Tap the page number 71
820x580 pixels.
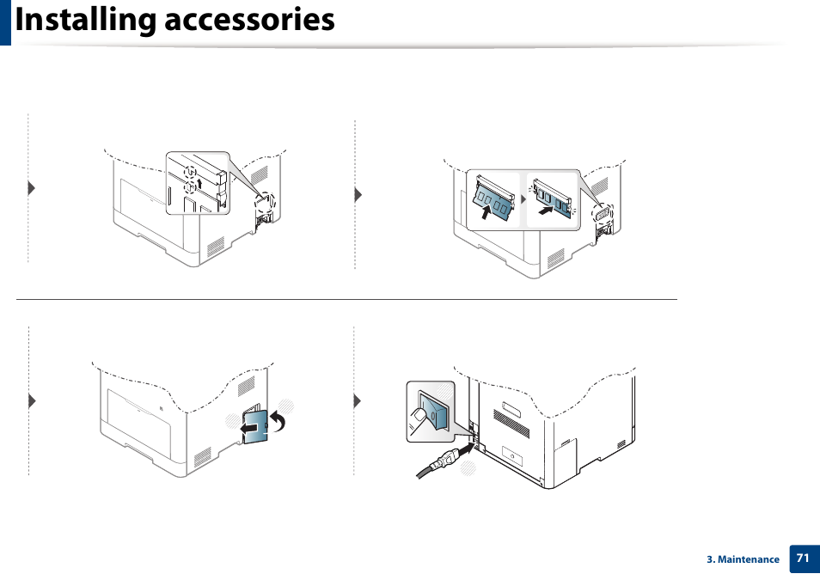[x=802, y=558]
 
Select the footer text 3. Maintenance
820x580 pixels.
[x=743, y=559]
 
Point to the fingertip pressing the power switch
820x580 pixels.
[x=419, y=415]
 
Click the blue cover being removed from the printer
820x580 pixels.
[x=254, y=424]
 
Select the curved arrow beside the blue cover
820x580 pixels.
[x=278, y=421]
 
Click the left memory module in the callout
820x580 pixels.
[x=493, y=199]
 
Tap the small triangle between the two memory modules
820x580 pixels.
[x=523, y=198]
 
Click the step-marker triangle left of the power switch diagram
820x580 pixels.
[x=357, y=400]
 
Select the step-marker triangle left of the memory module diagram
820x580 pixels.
[x=358, y=195]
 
